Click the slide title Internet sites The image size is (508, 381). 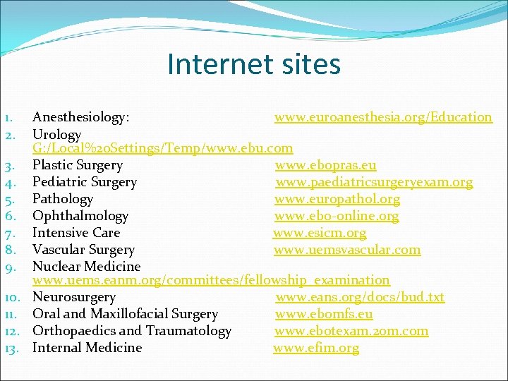click(x=253, y=64)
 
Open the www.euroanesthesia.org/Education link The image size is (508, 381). click(x=383, y=117)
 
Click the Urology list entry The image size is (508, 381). click(x=57, y=134)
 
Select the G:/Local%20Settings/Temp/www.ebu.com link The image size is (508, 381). click(x=162, y=149)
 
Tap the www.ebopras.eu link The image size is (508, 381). click(x=325, y=165)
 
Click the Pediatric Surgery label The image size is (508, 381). click(x=85, y=182)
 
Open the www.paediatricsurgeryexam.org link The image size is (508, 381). click(x=374, y=182)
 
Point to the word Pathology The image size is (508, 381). click(x=63, y=199)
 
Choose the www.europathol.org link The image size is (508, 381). click(x=337, y=199)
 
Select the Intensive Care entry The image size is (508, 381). click(x=76, y=233)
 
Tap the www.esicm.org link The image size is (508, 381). click(x=320, y=233)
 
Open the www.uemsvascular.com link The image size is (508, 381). click(x=346, y=250)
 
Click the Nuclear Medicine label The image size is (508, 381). click(x=87, y=267)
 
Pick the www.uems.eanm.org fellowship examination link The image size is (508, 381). click(x=211, y=281)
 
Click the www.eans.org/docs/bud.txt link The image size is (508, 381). click(x=360, y=297)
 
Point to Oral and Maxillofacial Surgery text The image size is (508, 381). click(x=126, y=314)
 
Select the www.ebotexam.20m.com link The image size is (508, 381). click(x=351, y=331)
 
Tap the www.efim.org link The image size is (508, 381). click(x=316, y=348)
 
